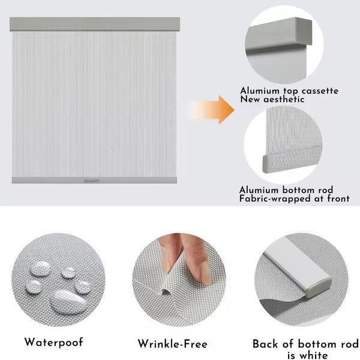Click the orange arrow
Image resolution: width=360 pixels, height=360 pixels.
(212, 110)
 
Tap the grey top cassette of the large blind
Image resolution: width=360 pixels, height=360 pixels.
(95, 24)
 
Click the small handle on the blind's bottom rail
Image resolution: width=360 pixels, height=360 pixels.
(92, 181)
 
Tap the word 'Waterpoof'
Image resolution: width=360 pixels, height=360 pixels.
(54, 342)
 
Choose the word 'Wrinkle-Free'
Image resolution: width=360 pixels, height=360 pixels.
(172, 344)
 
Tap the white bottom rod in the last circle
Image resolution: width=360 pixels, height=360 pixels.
(298, 268)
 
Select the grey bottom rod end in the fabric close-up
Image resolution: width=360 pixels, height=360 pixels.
(266, 164)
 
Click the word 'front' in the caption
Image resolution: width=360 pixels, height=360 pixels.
(338, 198)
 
